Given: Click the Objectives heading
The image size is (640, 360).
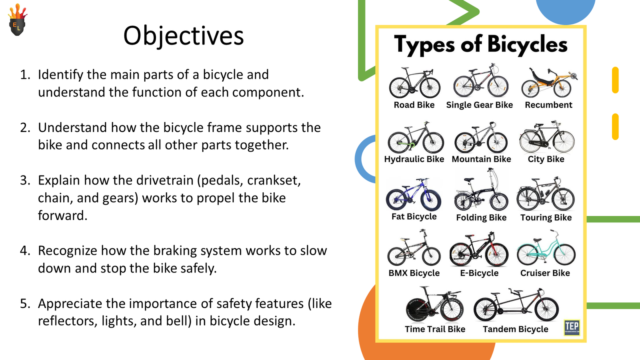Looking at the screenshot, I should [183, 36].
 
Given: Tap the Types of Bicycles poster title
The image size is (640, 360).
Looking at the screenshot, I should [480, 44].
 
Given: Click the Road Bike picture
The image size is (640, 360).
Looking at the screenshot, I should [414, 83].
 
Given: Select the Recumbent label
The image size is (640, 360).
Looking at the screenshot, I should [548, 105].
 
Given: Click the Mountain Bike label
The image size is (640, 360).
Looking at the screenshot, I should [481, 159].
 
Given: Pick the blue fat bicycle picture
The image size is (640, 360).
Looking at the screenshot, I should [414, 195].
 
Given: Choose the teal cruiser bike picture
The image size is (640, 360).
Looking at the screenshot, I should [546, 249].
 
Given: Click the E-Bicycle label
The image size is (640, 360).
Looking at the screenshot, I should [479, 273].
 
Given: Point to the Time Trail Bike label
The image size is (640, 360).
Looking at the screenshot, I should [435, 329].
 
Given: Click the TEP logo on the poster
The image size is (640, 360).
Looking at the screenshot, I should [572, 327].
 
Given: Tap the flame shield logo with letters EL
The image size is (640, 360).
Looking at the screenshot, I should [17, 21].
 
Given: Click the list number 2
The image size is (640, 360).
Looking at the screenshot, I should [25, 128].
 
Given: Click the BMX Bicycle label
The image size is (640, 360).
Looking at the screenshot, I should [414, 273].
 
